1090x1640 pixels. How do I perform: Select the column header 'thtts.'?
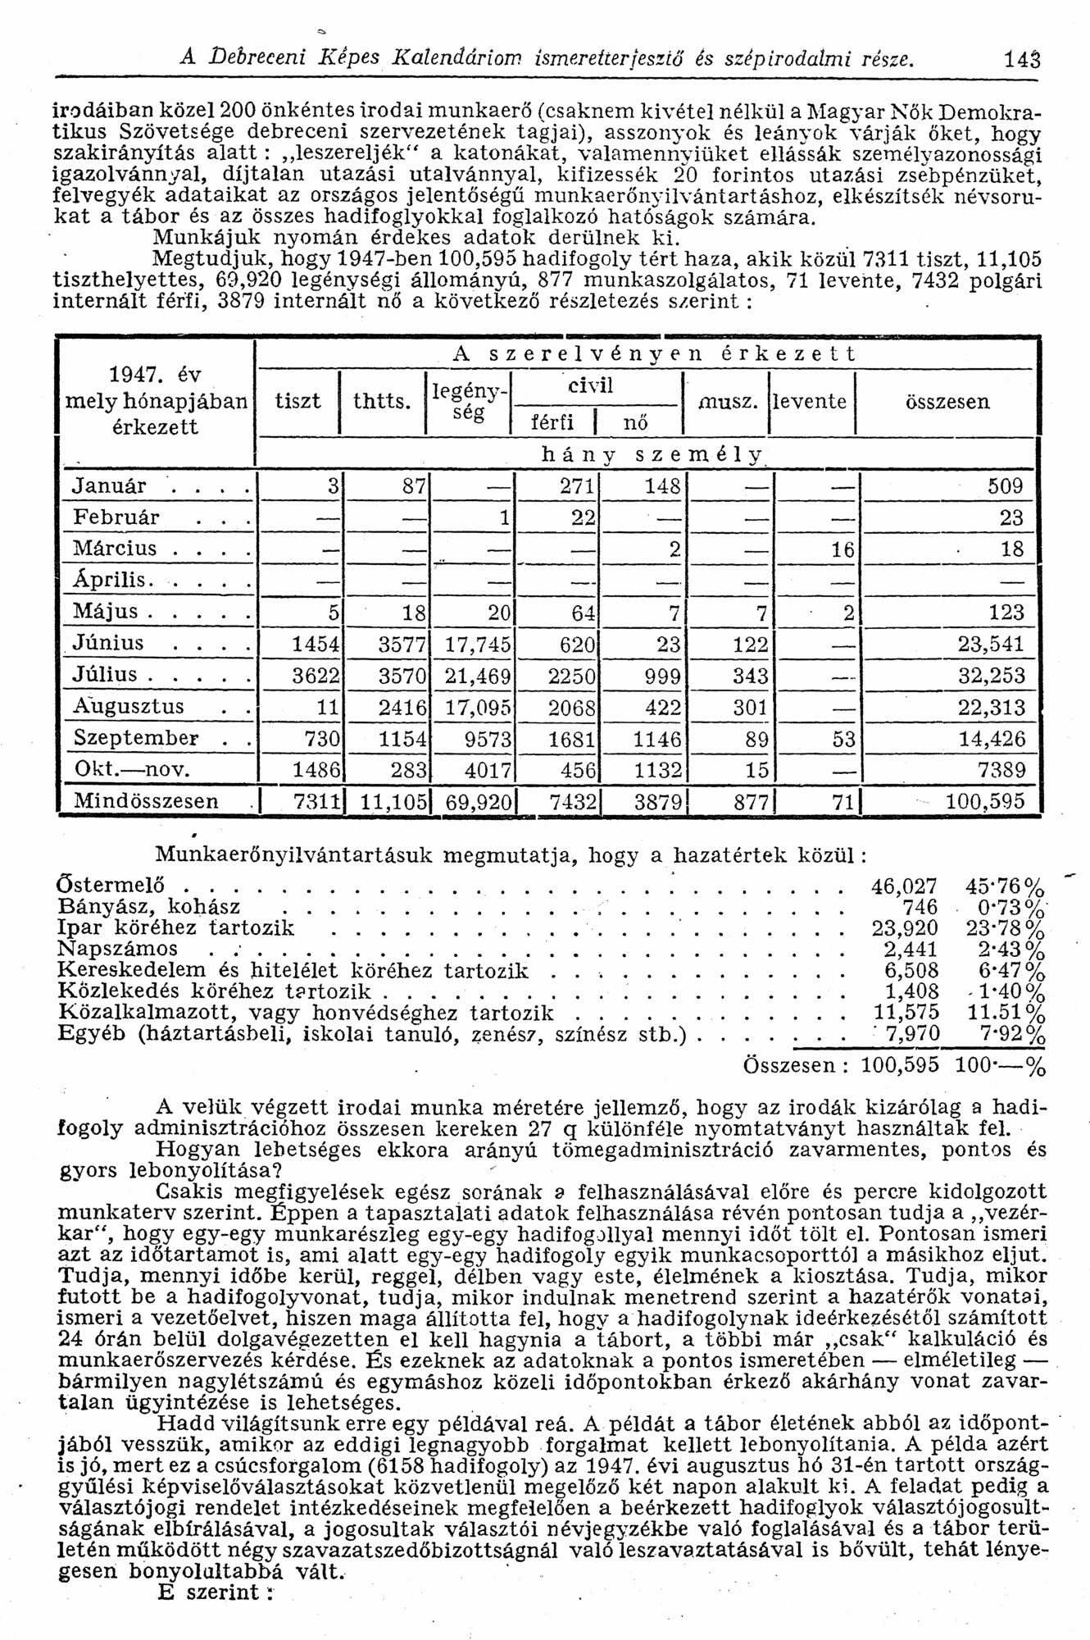pyautogui.click(x=381, y=402)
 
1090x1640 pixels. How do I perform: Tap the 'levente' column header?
pyautogui.click(x=811, y=402)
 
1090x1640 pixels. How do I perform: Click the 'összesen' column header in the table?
pyautogui.click(x=946, y=402)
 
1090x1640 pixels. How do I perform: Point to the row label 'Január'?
pyautogui.click(x=110, y=485)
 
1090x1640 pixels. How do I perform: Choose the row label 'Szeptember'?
pyautogui.click(x=136, y=738)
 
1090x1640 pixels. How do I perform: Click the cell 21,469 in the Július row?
pyautogui.click(x=478, y=676)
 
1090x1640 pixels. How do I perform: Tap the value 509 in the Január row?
pyautogui.click(x=1006, y=486)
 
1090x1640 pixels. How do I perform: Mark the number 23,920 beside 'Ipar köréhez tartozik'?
pyautogui.click(x=905, y=928)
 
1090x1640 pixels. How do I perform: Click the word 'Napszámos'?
pyautogui.click(x=118, y=949)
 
